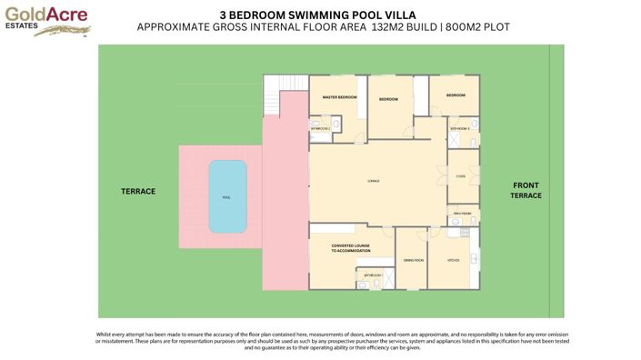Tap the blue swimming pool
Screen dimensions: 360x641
pyautogui.click(x=226, y=196)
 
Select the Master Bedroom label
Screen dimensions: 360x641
pyautogui.click(x=339, y=97)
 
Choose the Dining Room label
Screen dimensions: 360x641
pyautogui.click(x=413, y=260)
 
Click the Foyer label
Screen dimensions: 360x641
pyautogui.click(x=461, y=176)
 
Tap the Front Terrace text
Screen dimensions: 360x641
pyautogui.click(x=526, y=190)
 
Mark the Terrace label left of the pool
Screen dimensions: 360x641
pyautogui.click(x=139, y=192)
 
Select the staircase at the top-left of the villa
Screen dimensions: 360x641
pyautogui.click(x=273, y=92)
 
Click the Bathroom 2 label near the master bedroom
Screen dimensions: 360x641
pyautogui.click(x=320, y=129)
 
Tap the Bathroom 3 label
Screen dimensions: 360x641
pyautogui.click(x=460, y=129)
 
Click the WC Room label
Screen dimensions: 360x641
pyautogui.click(x=462, y=214)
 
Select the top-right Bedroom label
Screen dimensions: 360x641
pyautogui.click(x=455, y=95)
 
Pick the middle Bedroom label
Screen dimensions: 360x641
pyautogui.click(x=389, y=98)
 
